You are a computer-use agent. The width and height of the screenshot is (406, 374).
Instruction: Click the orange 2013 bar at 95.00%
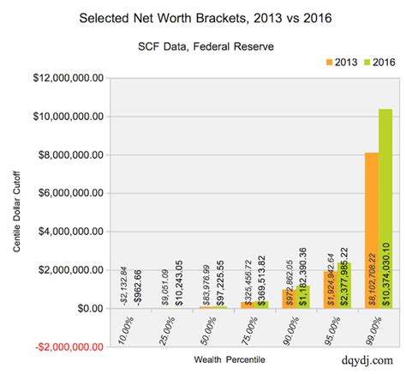[x=328, y=289]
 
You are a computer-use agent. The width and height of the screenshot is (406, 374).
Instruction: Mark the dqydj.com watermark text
[x=364, y=360]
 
